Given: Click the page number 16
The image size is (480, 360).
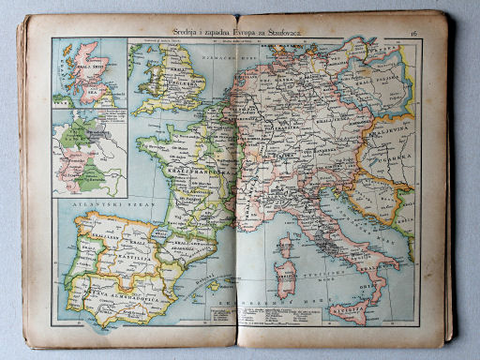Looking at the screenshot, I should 413,33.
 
